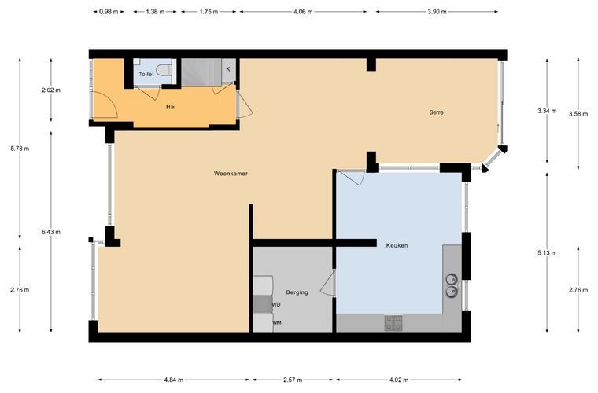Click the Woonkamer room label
[x=231, y=174]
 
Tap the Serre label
[x=436, y=112]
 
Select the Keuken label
[x=397, y=245]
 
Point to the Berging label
[x=297, y=292]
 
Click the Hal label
[x=171, y=107]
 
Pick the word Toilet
[x=146, y=74]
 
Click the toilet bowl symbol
[x=164, y=70]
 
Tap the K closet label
[x=228, y=69]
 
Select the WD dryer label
[x=276, y=305]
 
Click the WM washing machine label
[x=277, y=322]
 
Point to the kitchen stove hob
[x=393, y=323]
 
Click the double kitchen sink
[x=452, y=285]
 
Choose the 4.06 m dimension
[x=303, y=12]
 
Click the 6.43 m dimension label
[x=51, y=232]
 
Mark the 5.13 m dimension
[x=547, y=253]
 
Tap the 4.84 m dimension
[x=174, y=380]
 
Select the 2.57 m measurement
[x=293, y=380]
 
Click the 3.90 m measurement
[x=437, y=12]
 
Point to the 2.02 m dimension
[x=51, y=90]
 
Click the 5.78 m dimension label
[x=20, y=149]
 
